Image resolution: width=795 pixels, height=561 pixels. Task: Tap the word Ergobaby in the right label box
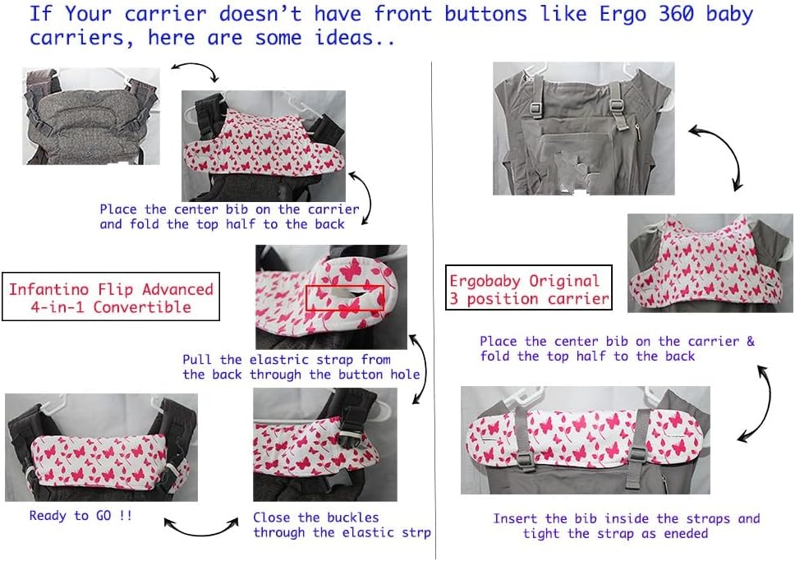485,282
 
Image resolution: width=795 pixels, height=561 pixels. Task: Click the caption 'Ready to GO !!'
80,516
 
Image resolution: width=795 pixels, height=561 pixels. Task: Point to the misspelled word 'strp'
416,532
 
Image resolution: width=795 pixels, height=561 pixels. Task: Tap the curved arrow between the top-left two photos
199,67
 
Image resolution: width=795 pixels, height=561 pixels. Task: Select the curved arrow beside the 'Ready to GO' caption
201,529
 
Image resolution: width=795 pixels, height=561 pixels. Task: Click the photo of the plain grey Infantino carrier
91,116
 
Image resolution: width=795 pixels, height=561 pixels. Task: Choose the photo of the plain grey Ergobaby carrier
584,128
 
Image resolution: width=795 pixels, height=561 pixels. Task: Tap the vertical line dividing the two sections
434,310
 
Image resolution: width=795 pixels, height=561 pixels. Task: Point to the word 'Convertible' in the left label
142,307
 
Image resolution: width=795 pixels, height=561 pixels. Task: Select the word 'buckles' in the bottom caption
353,517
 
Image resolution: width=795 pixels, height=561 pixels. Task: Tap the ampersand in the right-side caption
751,341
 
